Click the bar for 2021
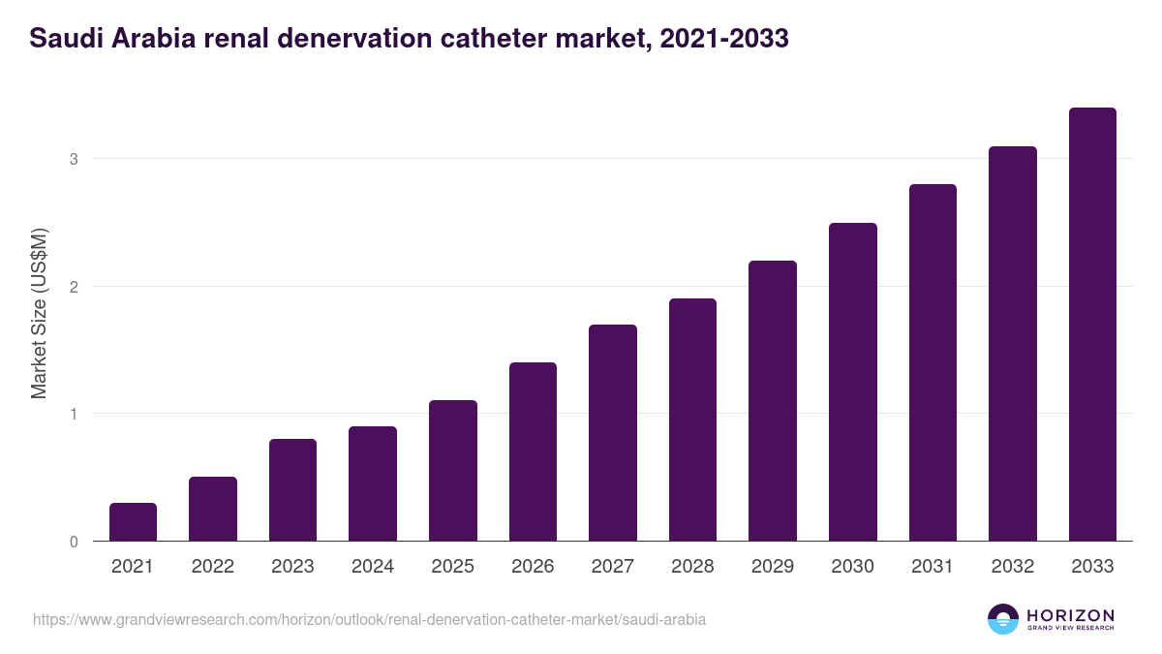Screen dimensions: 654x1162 pos(133,522)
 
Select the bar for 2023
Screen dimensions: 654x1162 pos(292,490)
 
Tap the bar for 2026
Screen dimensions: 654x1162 pos(533,452)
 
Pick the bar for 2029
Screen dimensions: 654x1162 pos(773,401)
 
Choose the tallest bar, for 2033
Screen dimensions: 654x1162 pos(1092,325)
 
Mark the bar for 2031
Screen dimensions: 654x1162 pos(933,362)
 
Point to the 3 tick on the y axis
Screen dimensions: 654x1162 pos(74,159)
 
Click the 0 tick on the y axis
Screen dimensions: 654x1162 pos(74,542)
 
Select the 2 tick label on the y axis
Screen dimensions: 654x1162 pos(74,287)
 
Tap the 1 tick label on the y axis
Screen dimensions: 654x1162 pos(74,415)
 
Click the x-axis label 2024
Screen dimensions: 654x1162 pos(372,567)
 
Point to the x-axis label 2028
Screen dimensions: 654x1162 pos(692,567)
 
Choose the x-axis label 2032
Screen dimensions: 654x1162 pos(1012,567)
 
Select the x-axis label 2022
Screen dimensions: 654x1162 pos(212,567)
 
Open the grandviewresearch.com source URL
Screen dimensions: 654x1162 pos(369,619)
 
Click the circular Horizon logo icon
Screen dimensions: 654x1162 pos(1003,619)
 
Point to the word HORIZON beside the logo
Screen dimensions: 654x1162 pos(1070,614)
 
